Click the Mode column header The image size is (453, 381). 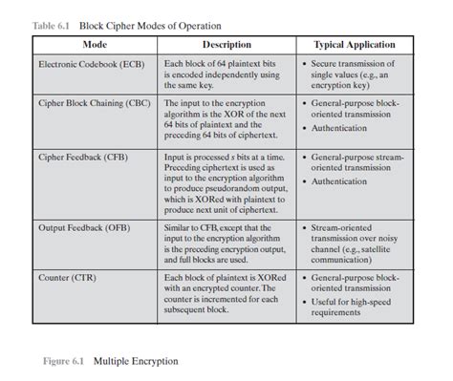(x=95, y=45)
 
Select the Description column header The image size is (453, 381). (x=226, y=45)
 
